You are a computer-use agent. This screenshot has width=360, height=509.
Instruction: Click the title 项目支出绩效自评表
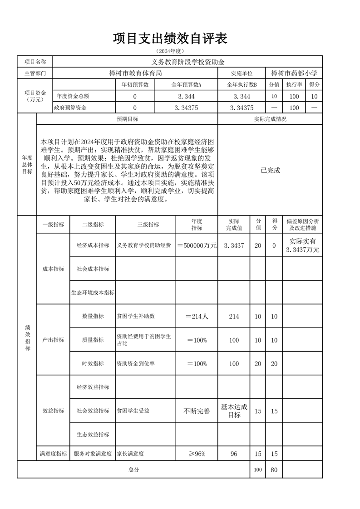coord(170,39)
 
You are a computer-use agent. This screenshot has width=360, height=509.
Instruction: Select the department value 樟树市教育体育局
coord(136,73)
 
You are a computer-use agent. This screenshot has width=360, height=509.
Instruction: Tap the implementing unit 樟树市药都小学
coord(294,73)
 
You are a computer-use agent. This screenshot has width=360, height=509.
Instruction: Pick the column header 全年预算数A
coord(186,85)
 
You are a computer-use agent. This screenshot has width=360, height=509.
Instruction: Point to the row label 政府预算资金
coord(70,108)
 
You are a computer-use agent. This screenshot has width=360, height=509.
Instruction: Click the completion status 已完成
coord(271,171)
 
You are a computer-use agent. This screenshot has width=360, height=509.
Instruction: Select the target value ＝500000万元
coord(197,245)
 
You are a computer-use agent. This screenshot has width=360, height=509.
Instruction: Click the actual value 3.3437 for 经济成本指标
coord(234,245)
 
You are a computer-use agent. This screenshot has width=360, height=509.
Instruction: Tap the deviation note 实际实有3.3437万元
coord(303,245)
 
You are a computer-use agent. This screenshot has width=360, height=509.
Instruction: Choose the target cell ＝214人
coord(197,317)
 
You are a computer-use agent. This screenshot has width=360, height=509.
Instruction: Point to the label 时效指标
coord(93,364)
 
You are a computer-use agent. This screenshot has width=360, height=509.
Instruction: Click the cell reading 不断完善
coord(197,411)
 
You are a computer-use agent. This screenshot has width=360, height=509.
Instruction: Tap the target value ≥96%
coord(197,454)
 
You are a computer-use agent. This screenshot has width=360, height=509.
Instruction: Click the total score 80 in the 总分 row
coord(274,470)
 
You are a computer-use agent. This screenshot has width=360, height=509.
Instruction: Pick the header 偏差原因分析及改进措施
coord(303,225)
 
